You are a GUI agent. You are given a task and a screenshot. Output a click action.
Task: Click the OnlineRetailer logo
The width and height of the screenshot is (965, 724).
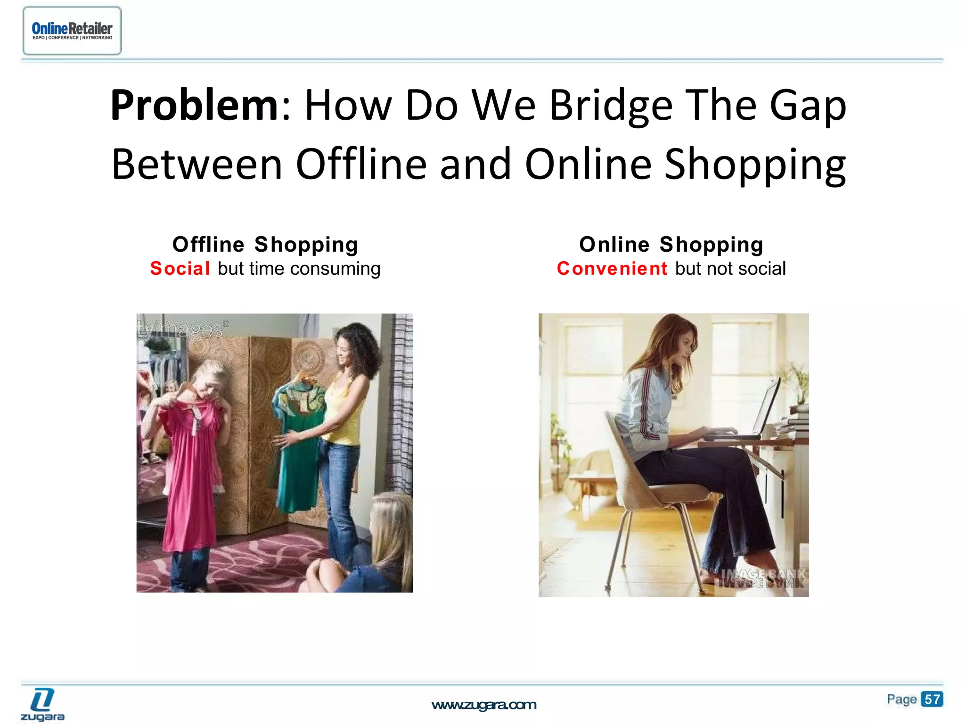coord(72,31)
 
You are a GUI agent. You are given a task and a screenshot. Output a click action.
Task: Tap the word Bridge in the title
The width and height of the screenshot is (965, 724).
coord(611,106)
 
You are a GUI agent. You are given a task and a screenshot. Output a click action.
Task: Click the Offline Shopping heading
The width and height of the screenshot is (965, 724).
coord(265,244)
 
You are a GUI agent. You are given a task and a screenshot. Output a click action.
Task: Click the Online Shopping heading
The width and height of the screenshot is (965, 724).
coord(671,244)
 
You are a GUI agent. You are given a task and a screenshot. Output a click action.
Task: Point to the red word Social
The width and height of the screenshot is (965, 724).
coord(180,269)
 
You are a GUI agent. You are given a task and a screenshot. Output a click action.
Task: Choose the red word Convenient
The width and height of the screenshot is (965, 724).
coord(612,269)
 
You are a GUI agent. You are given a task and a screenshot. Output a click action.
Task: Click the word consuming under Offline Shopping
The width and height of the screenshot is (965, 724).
coord(335,269)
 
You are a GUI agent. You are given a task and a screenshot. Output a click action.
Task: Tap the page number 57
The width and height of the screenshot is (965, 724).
coord(932,699)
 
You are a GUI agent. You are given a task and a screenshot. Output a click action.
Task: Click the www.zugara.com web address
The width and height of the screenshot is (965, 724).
coord(484,705)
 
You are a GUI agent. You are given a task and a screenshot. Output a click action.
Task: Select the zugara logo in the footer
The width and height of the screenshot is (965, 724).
coord(42,704)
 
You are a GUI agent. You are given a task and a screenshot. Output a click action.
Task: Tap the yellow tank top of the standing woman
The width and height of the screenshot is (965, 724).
coord(346,415)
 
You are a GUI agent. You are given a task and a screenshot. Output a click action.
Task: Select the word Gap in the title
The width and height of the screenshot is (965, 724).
coord(808,106)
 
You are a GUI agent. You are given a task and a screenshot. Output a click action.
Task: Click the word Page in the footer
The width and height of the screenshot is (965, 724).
coord(901,699)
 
